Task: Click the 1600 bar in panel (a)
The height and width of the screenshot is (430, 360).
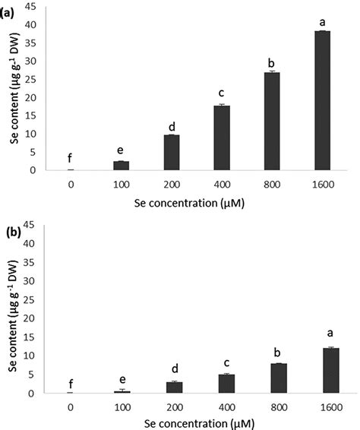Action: pyautogui.click(x=321, y=100)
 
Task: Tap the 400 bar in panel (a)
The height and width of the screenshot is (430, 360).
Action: pyautogui.click(x=221, y=138)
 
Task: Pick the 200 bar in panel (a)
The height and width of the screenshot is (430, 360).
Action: pyautogui.click(x=172, y=152)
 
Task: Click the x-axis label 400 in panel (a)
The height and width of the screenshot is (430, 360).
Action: pyautogui.click(x=221, y=184)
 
